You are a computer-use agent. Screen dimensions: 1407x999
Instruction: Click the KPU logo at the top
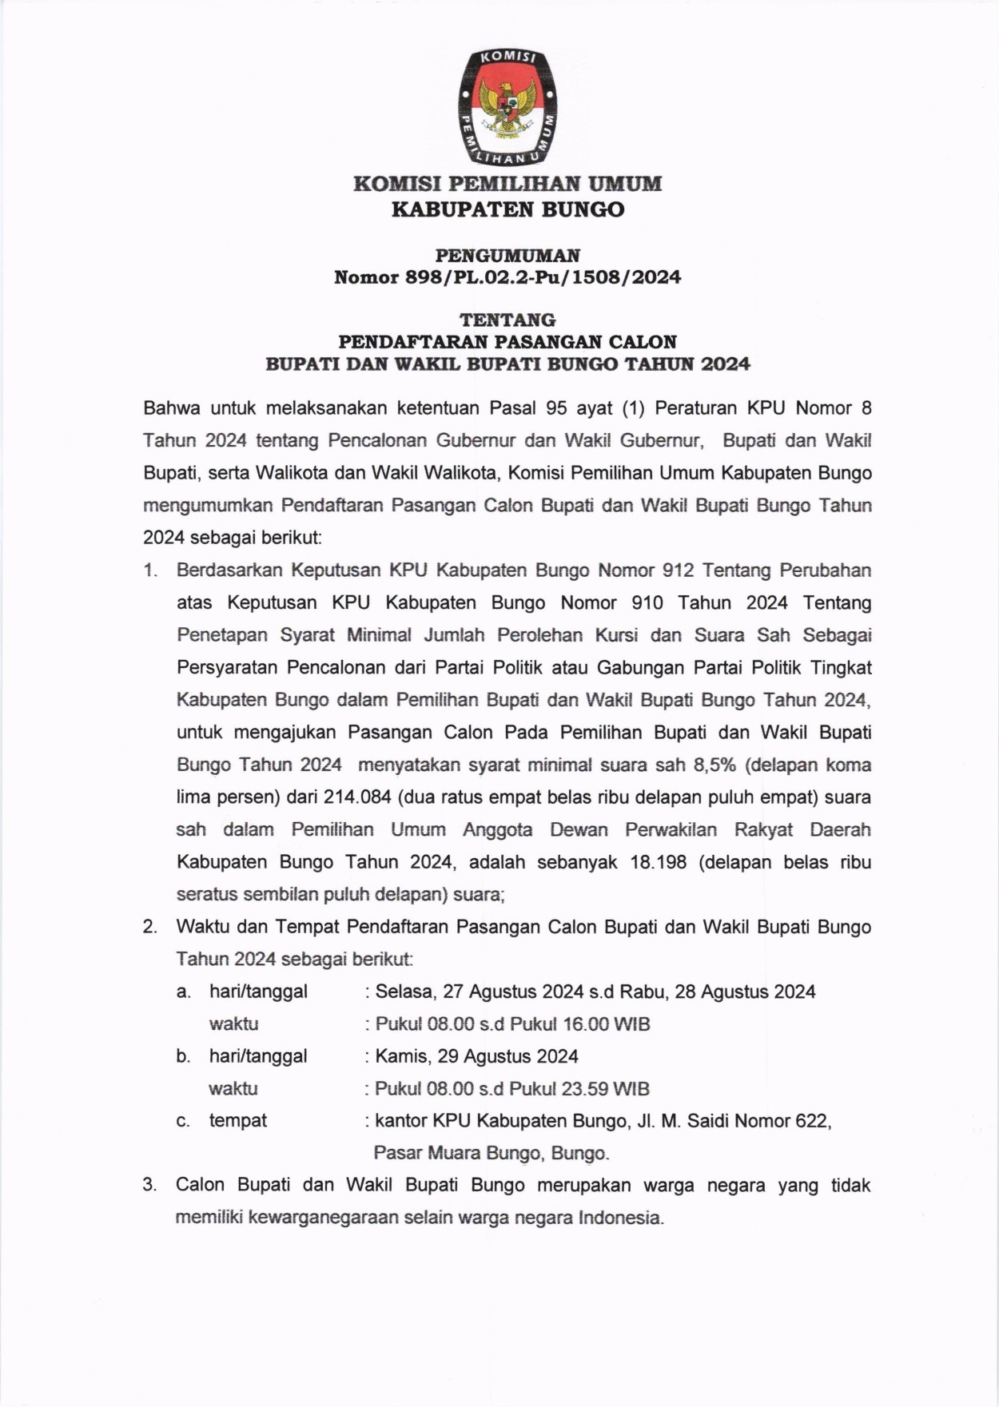507,106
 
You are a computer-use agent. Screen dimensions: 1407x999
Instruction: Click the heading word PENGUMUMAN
507,256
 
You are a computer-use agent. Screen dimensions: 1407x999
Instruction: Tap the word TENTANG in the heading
507,320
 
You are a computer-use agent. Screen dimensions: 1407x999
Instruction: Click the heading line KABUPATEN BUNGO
507,209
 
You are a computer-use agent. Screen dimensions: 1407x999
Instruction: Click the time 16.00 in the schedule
585,1024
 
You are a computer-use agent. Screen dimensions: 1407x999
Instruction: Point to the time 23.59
584,1089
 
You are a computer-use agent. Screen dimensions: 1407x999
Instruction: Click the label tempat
238,1120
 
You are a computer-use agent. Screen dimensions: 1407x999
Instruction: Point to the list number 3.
149,1185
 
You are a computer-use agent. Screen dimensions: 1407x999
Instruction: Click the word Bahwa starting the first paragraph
171,408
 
